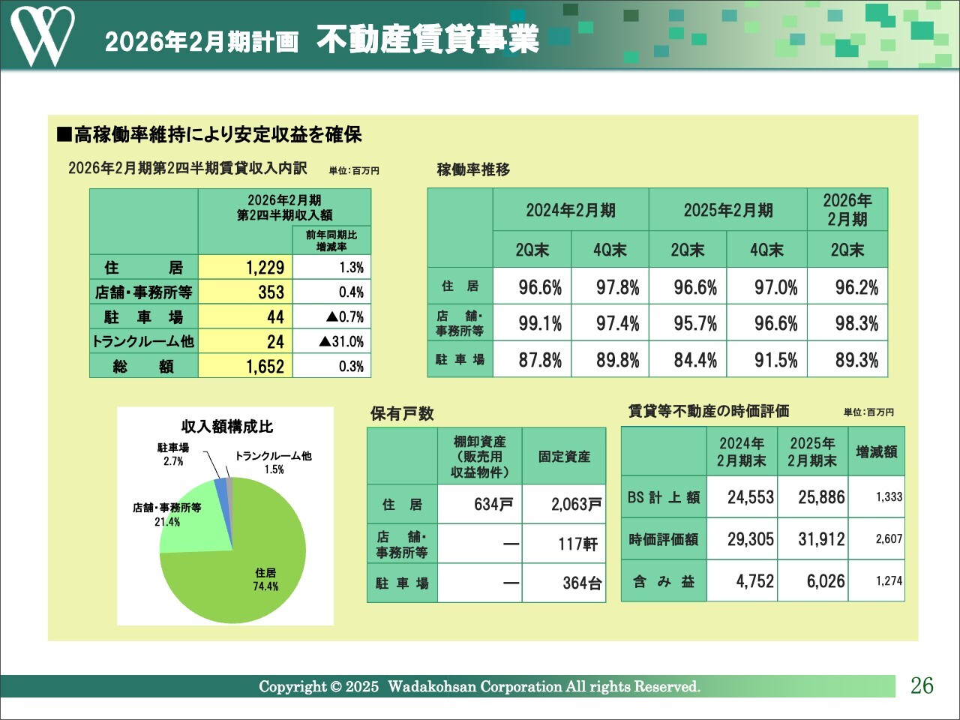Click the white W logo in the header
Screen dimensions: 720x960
[x=42, y=35]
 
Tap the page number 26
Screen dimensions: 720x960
[x=922, y=685]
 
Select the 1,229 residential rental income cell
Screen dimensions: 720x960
[x=245, y=268]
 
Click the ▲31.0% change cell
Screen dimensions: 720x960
[x=331, y=342]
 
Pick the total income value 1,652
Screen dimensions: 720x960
[x=245, y=367]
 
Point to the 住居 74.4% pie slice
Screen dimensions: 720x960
[x=240, y=570]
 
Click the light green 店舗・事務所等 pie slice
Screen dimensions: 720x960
[x=187, y=517]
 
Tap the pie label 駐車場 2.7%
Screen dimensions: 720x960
[x=173, y=454]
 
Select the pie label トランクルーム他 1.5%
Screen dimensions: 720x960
[x=273, y=462]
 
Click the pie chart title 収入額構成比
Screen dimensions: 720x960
[x=227, y=427]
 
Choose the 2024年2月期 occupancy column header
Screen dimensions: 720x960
[x=571, y=210]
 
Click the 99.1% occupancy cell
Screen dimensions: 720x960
[x=540, y=324]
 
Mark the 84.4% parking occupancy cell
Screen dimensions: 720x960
[x=694, y=361]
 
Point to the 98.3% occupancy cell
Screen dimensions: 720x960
[x=856, y=324]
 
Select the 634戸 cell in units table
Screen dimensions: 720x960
[x=480, y=504]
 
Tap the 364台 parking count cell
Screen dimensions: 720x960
[x=565, y=583]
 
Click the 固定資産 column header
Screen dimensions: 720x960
[x=564, y=456]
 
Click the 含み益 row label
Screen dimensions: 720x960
[x=664, y=581]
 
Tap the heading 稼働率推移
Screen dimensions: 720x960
[x=473, y=169]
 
